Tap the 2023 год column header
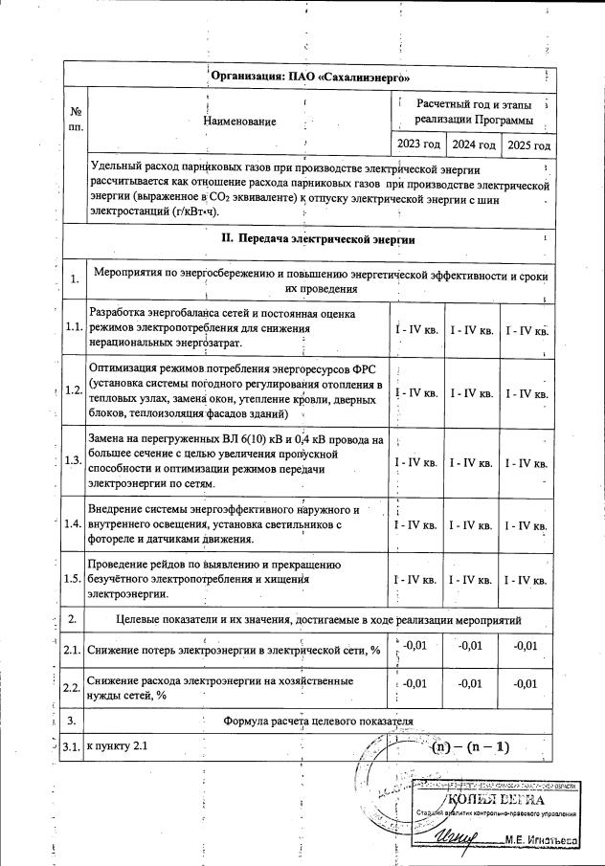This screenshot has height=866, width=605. pos(419,144)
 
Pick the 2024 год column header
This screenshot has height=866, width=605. pos(474,144)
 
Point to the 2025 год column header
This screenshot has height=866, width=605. pos(528,145)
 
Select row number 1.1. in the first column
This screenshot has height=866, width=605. pos(74,328)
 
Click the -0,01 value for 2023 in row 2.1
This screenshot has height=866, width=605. pos(415,646)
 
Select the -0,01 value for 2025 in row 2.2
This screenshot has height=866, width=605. pos(527,683)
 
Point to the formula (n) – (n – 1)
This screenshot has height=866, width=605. pos(470,745)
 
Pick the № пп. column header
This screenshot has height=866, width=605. pos(74,117)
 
